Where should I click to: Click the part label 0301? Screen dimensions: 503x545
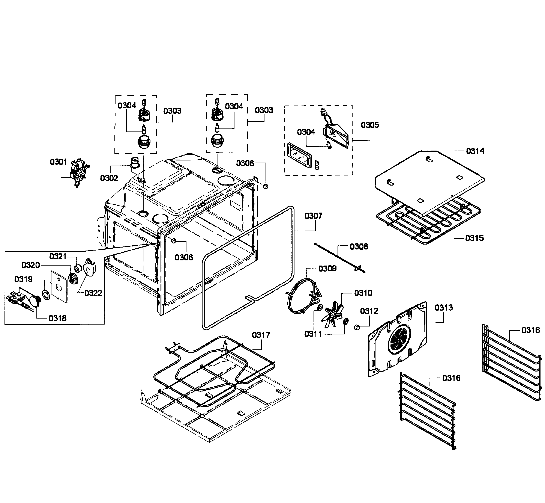pyautogui.click(x=58, y=162)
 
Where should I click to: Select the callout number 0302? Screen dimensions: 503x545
pyautogui.click(x=109, y=178)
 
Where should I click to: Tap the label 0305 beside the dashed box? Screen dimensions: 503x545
pyautogui.click(x=370, y=125)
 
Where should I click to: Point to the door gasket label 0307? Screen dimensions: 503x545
pyautogui.click(x=313, y=216)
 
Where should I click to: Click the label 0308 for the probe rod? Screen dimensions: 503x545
pyautogui.click(x=359, y=247)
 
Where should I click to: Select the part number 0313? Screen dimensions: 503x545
pyautogui.click(x=444, y=308)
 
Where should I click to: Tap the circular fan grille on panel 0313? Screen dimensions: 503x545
pyautogui.click(x=399, y=340)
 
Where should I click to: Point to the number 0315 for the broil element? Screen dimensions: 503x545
pyautogui.click(x=474, y=238)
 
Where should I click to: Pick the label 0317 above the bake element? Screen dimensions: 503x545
pyautogui.click(x=261, y=335)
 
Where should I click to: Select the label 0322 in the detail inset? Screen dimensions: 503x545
pyautogui.click(x=93, y=293)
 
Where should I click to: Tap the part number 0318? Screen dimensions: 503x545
pyautogui.click(x=57, y=318)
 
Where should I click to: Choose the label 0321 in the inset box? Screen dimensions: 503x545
pyautogui.click(x=58, y=256)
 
